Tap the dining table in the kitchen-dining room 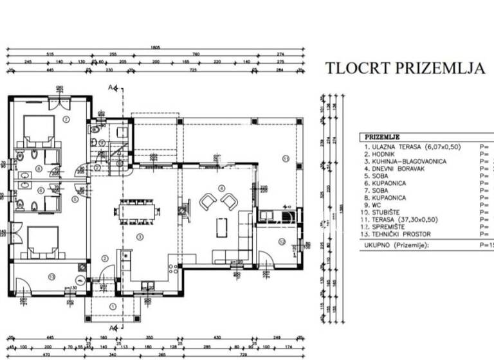137,210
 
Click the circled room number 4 222,188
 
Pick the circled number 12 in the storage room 282,242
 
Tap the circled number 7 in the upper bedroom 66,119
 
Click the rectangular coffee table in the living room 222,227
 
